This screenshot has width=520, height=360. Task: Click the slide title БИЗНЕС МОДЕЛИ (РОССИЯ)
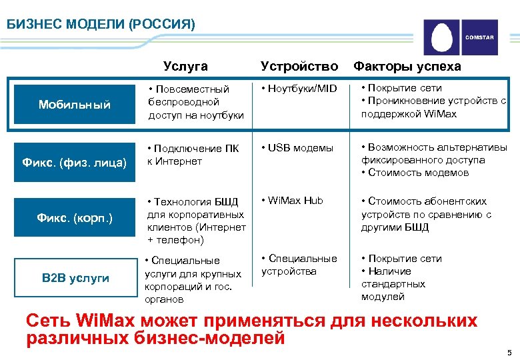click(101, 25)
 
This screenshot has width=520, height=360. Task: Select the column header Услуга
click(186, 66)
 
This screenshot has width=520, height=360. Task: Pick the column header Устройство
click(299, 66)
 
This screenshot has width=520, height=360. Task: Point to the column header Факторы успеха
click(407, 66)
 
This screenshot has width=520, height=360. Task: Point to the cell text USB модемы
click(297, 147)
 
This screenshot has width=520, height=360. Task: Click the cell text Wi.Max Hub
click(295, 201)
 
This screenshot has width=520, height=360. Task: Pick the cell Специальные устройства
click(299, 265)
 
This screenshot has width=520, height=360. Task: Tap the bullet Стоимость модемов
click(414, 173)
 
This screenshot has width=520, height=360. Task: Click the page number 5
click(509, 352)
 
